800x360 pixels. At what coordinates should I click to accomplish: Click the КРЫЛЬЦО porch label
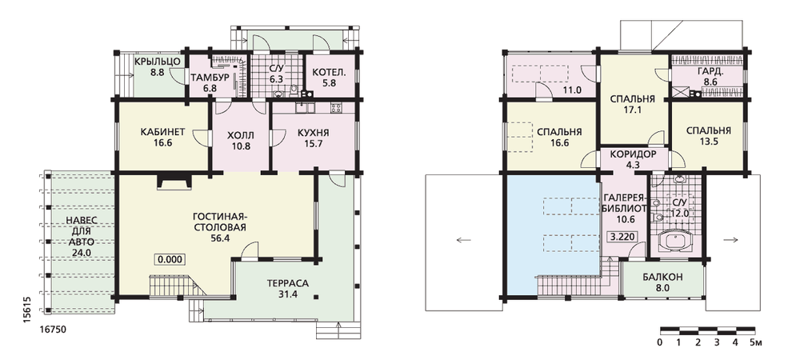tap(157, 62)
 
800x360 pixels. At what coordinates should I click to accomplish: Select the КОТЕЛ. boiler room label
tap(326, 73)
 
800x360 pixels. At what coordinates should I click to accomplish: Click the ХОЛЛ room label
tap(240, 135)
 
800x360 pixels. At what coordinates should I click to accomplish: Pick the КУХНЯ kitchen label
tap(313, 133)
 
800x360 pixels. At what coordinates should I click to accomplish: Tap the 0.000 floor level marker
tap(170, 259)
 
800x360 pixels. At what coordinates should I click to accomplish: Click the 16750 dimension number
tap(53, 330)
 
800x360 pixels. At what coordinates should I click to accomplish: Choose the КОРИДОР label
tap(633, 154)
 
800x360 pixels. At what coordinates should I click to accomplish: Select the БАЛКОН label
tap(662, 278)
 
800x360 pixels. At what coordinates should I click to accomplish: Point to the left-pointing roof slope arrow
tap(464, 240)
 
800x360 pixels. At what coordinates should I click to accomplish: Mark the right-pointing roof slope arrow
tap(731, 240)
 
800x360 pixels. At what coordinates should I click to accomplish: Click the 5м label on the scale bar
tap(756, 342)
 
